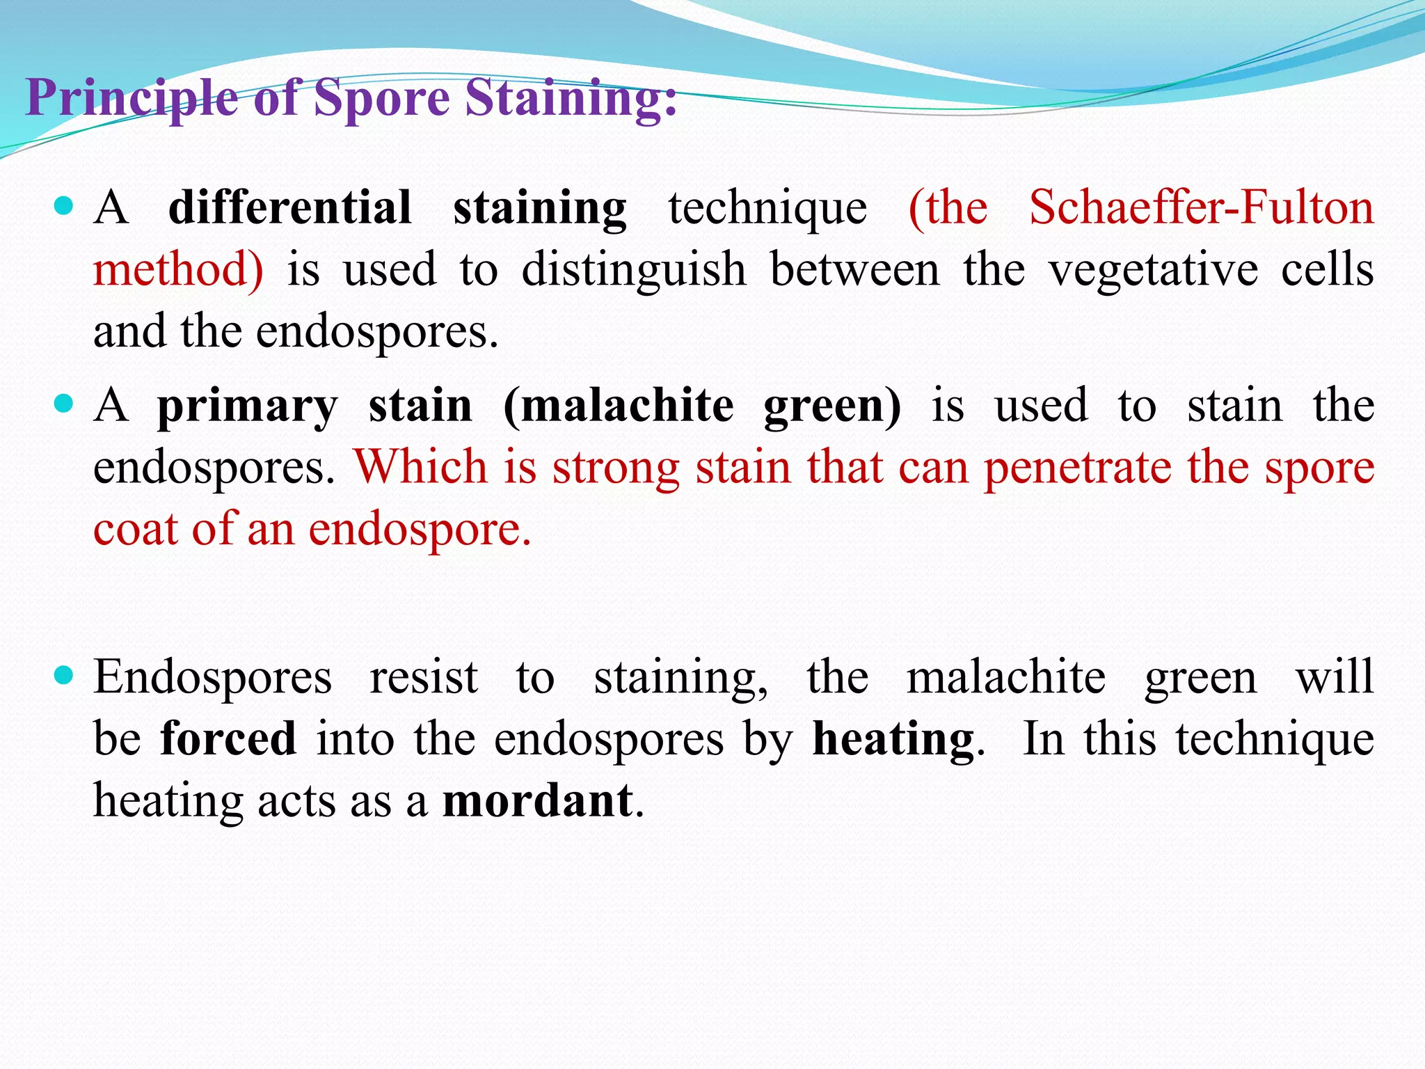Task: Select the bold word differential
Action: click(290, 207)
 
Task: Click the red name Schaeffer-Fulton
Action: click(1201, 207)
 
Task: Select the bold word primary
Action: click(247, 405)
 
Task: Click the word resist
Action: click(423, 676)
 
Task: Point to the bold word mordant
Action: click(538, 800)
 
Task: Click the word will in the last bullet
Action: click(1335, 676)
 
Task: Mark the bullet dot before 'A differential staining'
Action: click(63, 206)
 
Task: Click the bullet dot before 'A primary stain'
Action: click(63, 404)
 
